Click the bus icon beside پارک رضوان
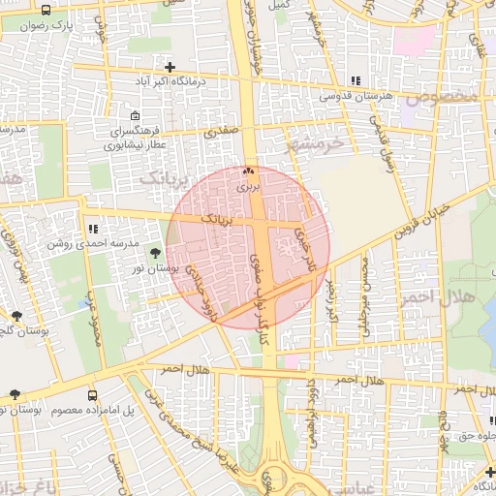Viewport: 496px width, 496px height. (46, 11)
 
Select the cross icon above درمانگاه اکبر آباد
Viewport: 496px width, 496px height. (170, 67)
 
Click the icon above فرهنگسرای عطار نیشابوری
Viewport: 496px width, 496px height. (134, 114)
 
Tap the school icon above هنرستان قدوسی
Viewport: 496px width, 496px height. (356, 80)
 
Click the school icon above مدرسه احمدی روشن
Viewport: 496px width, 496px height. (93, 230)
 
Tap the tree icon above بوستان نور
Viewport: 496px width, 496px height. (156, 254)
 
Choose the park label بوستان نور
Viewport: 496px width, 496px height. (155, 267)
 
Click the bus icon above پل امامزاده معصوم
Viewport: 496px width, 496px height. (92, 395)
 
